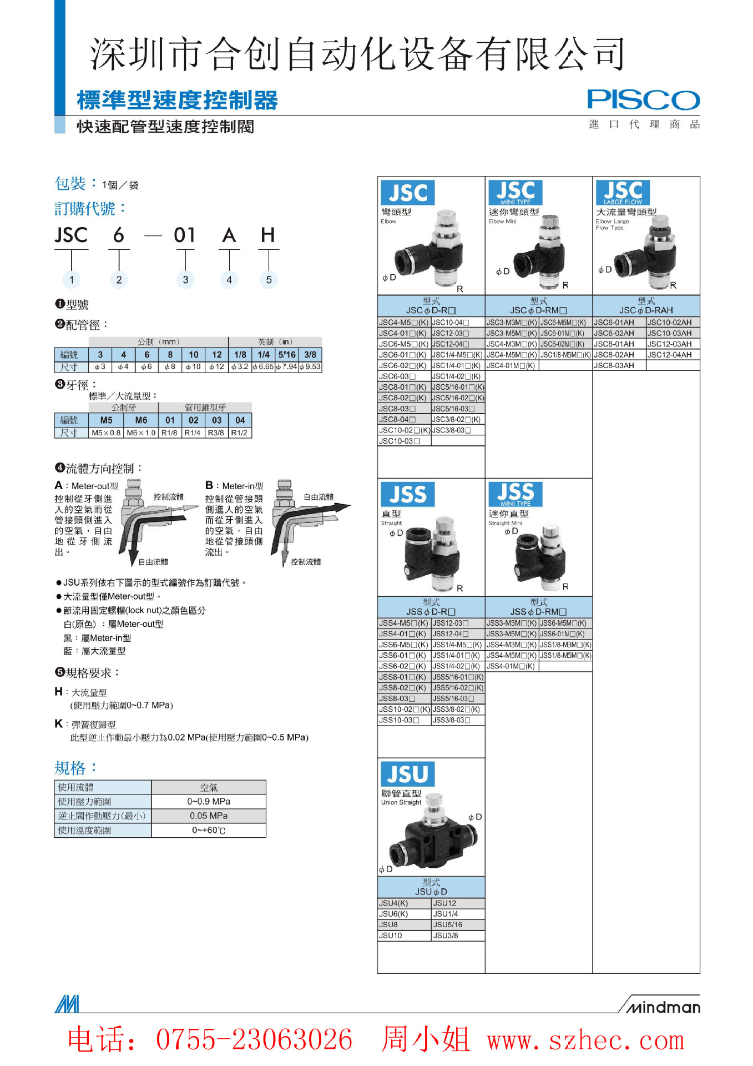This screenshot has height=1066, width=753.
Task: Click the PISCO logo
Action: click(x=643, y=100)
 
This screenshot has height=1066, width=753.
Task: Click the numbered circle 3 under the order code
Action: click(x=185, y=280)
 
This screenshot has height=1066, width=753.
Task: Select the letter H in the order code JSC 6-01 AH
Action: click(x=268, y=235)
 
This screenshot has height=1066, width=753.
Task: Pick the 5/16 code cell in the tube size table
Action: click(x=287, y=355)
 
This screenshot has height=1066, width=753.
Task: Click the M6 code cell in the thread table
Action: click(x=141, y=420)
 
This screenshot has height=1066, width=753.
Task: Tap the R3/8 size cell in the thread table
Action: click(x=216, y=433)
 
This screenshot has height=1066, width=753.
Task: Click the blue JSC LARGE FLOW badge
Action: click(x=623, y=193)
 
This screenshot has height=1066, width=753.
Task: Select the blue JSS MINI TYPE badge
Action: click(x=515, y=494)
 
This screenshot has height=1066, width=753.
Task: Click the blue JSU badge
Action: click(x=407, y=774)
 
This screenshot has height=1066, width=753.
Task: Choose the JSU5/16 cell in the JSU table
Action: click(x=448, y=925)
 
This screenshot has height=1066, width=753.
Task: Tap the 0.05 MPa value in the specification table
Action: click(x=209, y=816)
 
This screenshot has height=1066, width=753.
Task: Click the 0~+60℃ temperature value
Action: click(x=209, y=831)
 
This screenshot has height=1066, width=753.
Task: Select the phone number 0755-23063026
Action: click(x=254, y=1040)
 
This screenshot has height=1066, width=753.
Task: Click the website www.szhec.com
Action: click(x=585, y=1040)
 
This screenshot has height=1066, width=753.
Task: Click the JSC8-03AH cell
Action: click(x=614, y=365)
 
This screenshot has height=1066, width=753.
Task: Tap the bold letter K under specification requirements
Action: click(x=58, y=724)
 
